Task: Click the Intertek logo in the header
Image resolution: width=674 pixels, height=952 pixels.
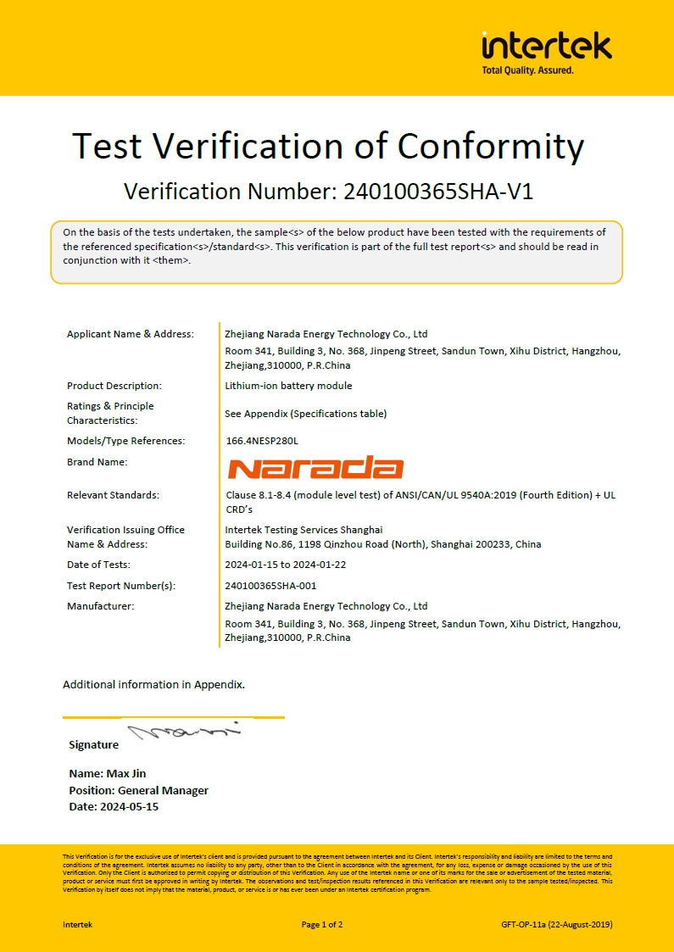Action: (546, 45)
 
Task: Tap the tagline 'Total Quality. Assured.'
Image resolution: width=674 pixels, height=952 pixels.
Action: (527, 70)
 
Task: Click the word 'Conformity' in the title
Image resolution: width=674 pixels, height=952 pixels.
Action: (491, 146)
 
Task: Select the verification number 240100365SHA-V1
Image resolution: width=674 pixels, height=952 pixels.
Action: (438, 192)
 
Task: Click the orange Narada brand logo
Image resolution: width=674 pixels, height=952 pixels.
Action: (315, 468)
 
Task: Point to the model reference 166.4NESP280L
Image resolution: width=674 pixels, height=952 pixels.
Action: (262, 441)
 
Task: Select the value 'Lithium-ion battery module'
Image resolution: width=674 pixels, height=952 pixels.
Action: (288, 386)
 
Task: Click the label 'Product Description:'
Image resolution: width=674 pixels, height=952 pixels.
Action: (114, 386)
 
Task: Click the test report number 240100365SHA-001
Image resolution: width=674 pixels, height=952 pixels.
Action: (270, 586)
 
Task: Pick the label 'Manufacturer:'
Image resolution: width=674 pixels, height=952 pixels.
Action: (100, 606)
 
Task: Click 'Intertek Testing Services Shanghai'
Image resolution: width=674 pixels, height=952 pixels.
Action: (304, 530)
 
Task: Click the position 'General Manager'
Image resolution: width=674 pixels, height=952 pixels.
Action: (163, 790)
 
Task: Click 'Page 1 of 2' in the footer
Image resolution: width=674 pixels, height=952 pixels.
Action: (322, 924)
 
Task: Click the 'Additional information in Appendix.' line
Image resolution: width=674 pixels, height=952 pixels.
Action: (153, 684)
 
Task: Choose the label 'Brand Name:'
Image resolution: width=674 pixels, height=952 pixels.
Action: (97, 462)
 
